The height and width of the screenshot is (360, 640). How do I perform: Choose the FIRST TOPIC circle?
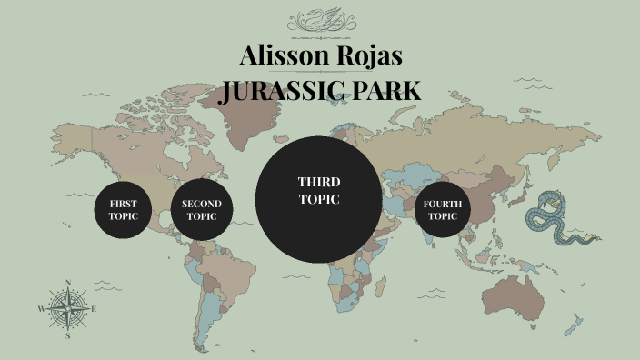coord(123,210)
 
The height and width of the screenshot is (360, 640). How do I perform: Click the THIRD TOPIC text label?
coord(319,191)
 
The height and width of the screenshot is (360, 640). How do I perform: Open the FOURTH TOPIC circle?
coord(443,210)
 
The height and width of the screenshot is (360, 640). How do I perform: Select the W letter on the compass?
coord(41,309)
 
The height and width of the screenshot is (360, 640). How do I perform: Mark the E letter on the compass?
coord(94,309)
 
